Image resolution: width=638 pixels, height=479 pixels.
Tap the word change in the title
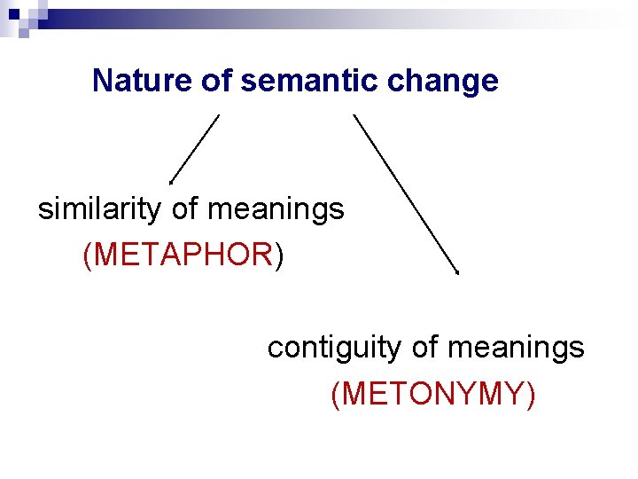coord(457,82)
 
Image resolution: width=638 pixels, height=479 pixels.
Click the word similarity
coord(99,210)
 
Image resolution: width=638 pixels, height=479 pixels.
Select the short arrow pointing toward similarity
coord(195,148)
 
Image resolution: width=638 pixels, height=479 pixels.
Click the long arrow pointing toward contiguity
coord(405,192)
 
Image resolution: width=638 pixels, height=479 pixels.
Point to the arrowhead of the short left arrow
coord(172,180)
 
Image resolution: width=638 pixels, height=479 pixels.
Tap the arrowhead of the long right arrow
coord(455,271)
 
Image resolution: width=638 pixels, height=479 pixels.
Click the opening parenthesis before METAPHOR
coord(87,255)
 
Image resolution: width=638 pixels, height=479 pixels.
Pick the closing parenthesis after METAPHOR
coord(279,255)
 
